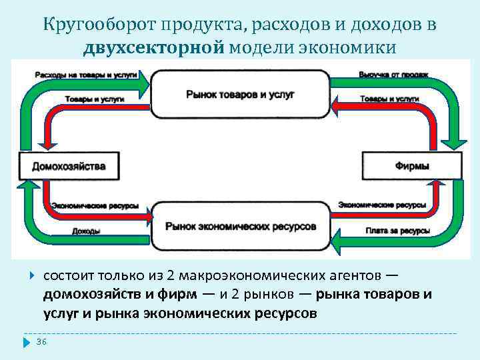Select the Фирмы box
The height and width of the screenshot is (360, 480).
click(411, 165)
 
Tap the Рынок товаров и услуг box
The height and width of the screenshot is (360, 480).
click(241, 94)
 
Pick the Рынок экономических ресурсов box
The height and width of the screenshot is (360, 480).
click(241, 227)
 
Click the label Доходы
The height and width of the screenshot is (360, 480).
click(86, 231)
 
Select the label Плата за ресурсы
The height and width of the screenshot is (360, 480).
click(397, 231)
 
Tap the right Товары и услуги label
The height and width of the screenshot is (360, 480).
click(389, 99)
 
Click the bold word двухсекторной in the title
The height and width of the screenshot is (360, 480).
click(156, 47)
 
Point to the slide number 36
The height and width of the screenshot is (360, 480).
click(41, 341)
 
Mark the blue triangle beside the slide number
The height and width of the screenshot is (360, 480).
click(27, 342)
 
